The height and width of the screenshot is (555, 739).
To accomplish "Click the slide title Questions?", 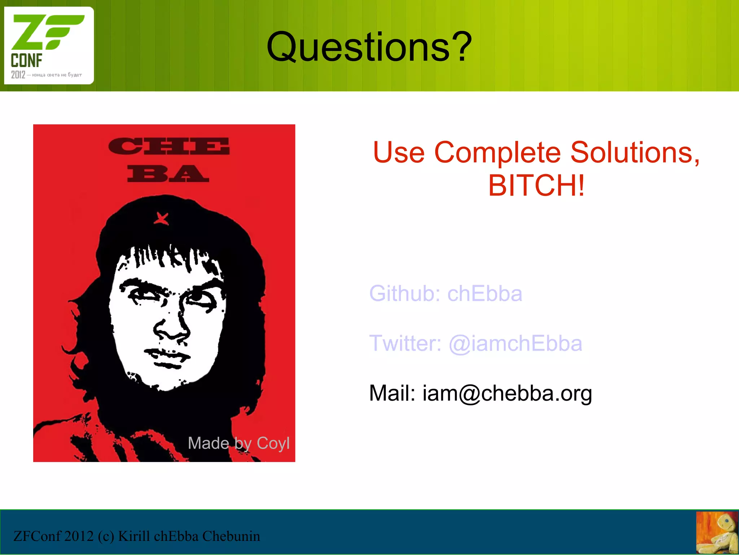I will coord(369,47).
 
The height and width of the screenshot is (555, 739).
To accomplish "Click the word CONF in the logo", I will coord(26,61).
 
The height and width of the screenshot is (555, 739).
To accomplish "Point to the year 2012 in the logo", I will coord(18,75).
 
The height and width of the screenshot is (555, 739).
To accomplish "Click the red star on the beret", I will coord(161,219).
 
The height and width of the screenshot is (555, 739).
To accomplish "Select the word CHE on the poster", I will coord(169,146).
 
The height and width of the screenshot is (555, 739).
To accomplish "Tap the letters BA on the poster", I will coord(168,173).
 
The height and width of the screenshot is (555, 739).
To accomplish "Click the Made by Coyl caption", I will coord(239,443).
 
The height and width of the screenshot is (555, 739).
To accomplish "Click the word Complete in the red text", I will coord(497,152).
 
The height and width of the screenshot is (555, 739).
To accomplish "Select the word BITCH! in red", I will coord(536,186).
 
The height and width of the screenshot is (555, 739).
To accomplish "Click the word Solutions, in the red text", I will coord(635,152).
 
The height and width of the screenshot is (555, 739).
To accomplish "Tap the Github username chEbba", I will coord(485,294).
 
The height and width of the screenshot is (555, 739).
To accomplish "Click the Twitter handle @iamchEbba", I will coord(515,343).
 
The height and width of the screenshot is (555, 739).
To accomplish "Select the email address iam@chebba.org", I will coord(507,393).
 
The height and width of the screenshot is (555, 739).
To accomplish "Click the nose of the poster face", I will coord(171,326).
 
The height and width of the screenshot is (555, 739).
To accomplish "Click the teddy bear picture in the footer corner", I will coord(717,533).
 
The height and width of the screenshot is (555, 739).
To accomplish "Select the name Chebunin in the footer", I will coord(231,536).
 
